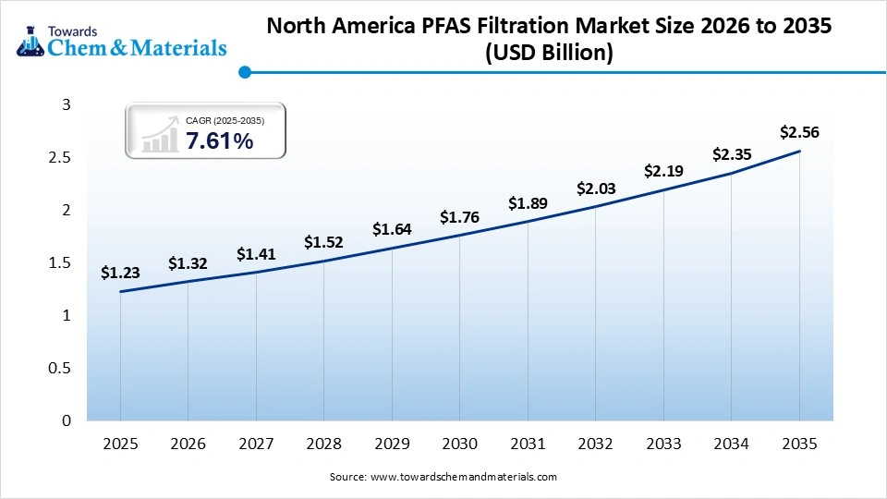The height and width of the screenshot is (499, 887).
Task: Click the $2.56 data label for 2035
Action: (x=799, y=133)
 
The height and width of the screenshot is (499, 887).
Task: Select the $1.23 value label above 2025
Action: (x=120, y=273)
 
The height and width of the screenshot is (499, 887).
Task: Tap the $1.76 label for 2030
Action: (x=459, y=217)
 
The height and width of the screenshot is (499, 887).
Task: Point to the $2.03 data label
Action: (x=595, y=189)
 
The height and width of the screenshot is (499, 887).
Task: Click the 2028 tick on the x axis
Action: (x=323, y=444)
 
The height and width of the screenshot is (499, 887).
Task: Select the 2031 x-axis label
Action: (x=528, y=444)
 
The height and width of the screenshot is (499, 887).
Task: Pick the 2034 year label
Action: (x=731, y=444)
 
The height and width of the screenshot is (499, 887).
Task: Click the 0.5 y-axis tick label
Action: (x=59, y=369)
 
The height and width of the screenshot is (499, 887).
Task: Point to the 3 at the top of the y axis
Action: (x=66, y=105)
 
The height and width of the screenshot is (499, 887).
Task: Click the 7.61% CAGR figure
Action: (x=219, y=141)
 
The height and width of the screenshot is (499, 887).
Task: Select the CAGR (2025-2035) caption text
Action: (x=225, y=121)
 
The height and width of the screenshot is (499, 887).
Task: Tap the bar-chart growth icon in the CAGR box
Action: (x=160, y=135)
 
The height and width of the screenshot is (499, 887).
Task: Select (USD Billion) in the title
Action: (x=549, y=54)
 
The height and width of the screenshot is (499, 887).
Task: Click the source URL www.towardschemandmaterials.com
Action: (x=463, y=477)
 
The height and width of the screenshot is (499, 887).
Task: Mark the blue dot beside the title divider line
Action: (x=245, y=72)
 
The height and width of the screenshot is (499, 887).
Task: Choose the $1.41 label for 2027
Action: (x=256, y=253)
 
